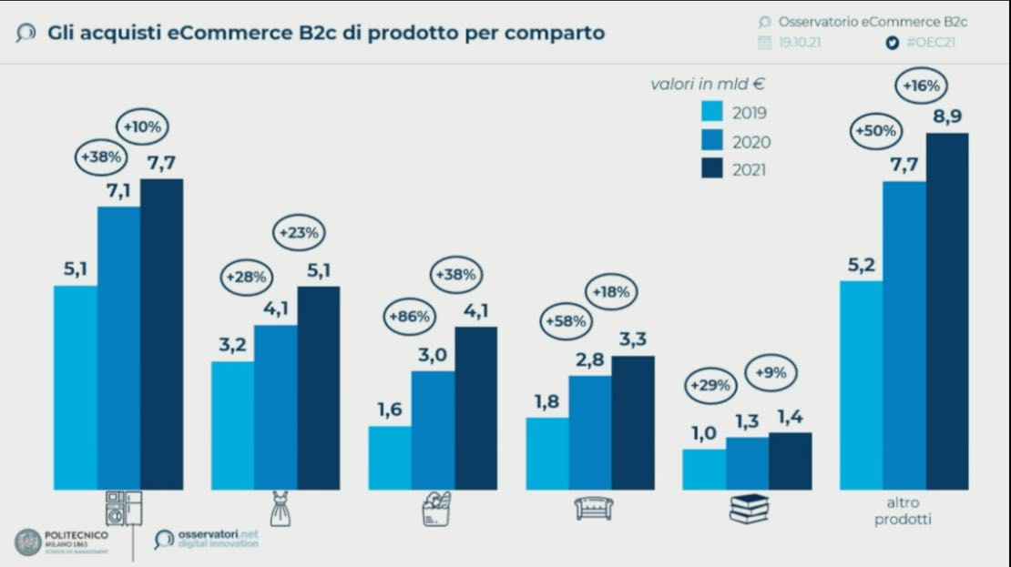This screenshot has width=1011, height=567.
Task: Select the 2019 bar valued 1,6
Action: pos(389,458)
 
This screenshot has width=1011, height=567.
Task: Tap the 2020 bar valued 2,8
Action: pos(590,433)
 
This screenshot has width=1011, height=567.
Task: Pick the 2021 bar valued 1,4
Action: pos(790,461)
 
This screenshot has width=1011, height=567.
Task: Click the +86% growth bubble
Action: pos(410,318)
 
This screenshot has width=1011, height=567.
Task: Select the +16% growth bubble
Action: pos(922,86)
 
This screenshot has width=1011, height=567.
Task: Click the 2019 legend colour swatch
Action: pos(712,113)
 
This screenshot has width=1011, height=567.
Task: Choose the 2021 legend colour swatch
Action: pos(712,169)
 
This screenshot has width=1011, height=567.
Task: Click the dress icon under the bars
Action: pos(277,508)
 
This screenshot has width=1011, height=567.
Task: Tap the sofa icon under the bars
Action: pos(593,508)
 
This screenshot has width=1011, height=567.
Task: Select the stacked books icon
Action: pos(749,509)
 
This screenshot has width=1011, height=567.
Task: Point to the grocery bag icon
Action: pos(435,508)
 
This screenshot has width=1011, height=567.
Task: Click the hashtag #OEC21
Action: pos(930,42)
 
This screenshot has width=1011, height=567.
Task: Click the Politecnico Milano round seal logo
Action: pos(27,542)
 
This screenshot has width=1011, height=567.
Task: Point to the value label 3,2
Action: pos(231,345)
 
